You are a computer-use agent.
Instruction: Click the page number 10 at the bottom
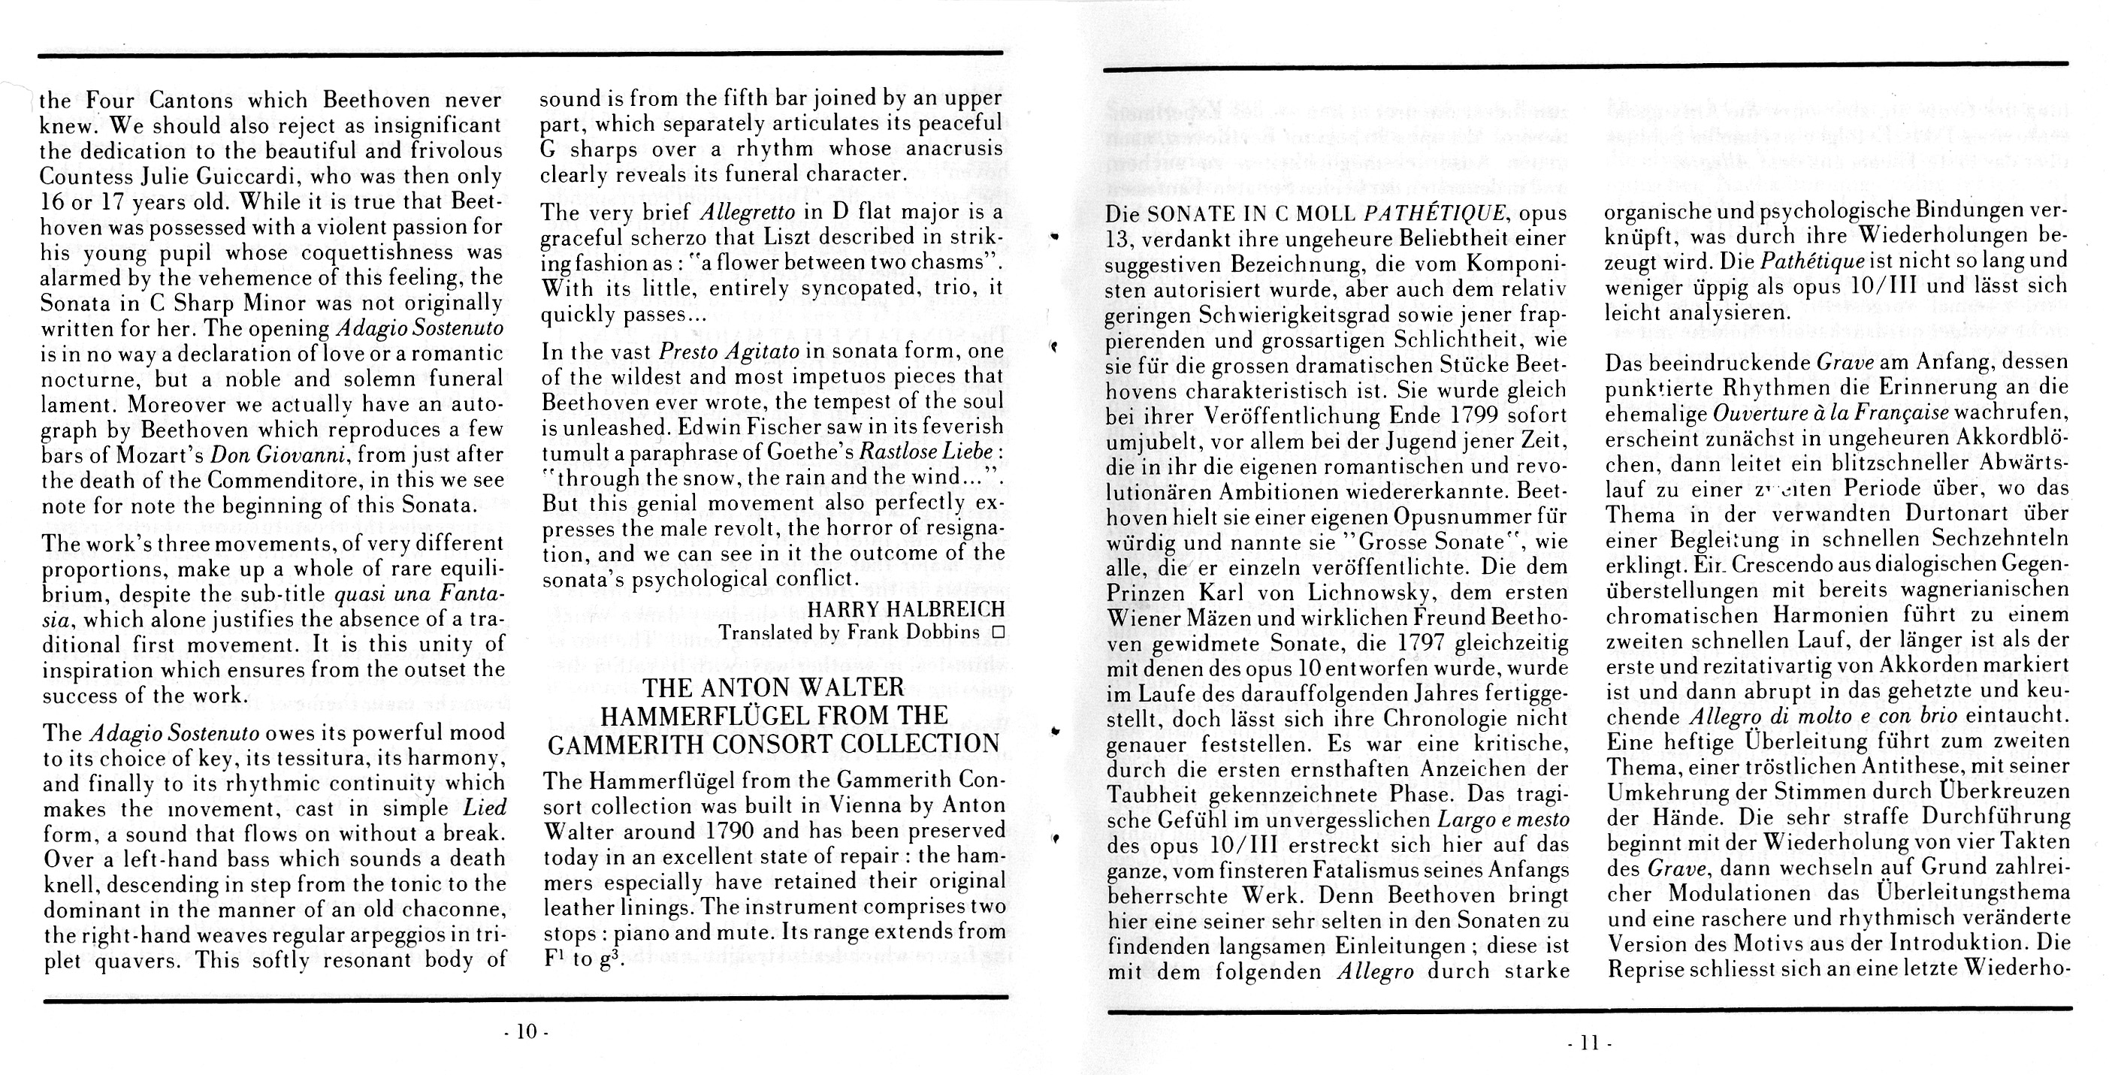[x=527, y=1031]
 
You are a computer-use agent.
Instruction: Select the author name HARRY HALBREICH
[x=906, y=608]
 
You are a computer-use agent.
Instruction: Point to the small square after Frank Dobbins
[x=997, y=632]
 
